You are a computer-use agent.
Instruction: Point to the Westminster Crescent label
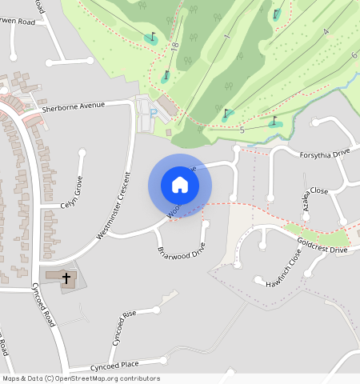pyautogui.click(x=113, y=206)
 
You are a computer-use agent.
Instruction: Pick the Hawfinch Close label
pyautogui.click(x=285, y=268)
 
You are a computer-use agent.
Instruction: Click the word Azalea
pyautogui.click(x=305, y=203)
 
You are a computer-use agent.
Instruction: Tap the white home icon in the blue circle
pyautogui.click(x=180, y=185)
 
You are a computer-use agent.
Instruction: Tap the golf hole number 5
pyautogui.click(x=242, y=129)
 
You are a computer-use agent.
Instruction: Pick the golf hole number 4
pyautogui.click(x=326, y=32)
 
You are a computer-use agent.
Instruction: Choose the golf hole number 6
pyautogui.click(x=353, y=54)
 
